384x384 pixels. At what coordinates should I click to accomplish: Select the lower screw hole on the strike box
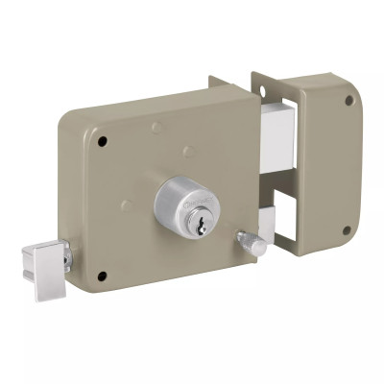click(347, 229)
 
